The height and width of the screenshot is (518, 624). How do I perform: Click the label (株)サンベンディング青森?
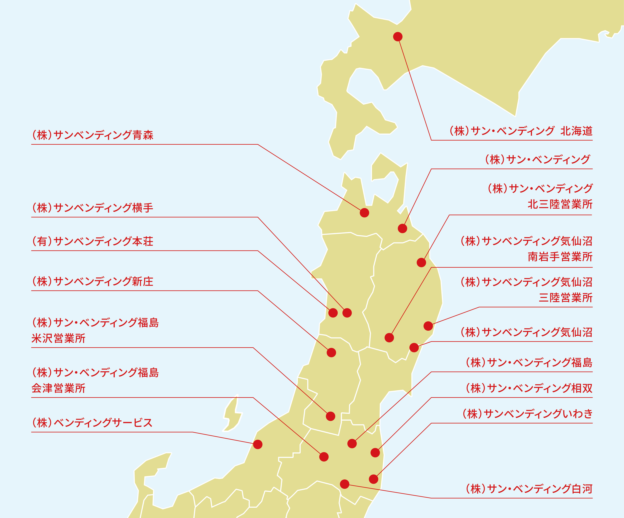[x=92, y=135]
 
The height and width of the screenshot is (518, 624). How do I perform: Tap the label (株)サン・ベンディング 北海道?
[x=521, y=131]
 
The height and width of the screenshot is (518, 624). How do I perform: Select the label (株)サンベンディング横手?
[x=92, y=208]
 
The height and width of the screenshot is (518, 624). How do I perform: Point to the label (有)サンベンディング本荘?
[x=92, y=241]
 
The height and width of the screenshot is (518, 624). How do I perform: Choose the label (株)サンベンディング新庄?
[x=92, y=281]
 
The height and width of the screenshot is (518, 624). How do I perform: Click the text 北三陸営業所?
[x=560, y=205]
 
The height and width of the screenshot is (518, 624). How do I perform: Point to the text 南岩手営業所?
[x=560, y=257]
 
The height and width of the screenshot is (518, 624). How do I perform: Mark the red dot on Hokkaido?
[x=398, y=37]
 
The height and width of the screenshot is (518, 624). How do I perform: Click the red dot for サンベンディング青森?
[x=364, y=213]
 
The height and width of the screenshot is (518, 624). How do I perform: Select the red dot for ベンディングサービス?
[x=258, y=444]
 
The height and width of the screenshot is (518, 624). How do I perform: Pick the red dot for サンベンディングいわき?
[x=373, y=479]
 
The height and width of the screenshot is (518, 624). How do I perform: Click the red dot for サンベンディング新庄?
[x=331, y=353]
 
